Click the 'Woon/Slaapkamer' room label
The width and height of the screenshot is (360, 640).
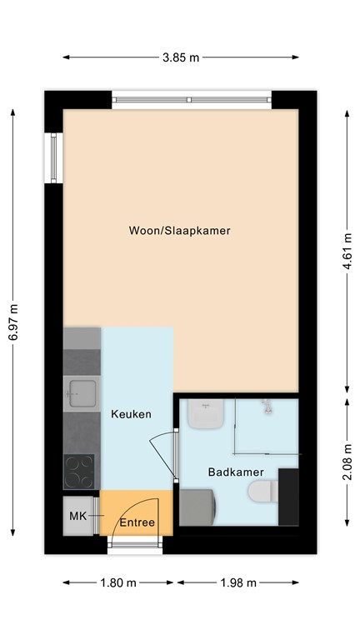point(179,230)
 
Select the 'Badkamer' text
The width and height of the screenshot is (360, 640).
point(230,472)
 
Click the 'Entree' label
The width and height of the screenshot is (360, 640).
point(137,522)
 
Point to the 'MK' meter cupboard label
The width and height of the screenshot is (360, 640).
point(77,517)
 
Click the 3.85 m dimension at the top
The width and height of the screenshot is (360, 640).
point(182,57)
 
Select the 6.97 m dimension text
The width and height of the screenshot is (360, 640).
point(12,321)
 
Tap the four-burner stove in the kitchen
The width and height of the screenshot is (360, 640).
point(82,472)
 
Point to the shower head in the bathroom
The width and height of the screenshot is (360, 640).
point(267,407)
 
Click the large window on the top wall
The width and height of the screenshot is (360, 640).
point(192,99)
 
